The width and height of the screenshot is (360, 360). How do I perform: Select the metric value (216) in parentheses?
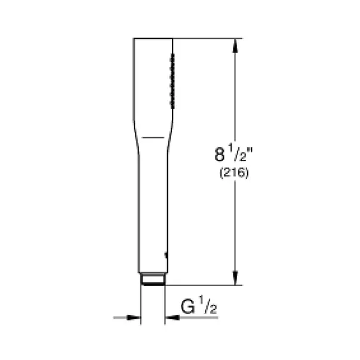[x=230, y=174]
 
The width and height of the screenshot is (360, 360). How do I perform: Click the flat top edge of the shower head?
[x=153, y=39]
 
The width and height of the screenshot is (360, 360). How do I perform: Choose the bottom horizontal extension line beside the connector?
[x=203, y=284]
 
